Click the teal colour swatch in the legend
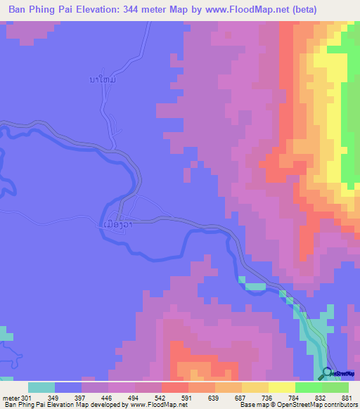click(41, 387)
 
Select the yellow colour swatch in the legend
click(281, 387)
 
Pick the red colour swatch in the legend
click(174, 387)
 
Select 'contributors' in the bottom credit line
click(338, 405)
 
